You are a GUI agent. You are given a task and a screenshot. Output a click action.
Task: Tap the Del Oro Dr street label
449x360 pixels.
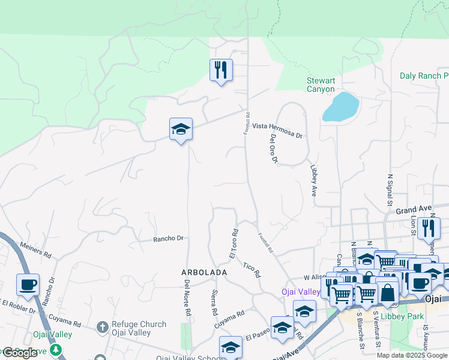click(x=274, y=148)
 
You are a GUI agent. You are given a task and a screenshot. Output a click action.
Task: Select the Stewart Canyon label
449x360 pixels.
click(x=321, y=85)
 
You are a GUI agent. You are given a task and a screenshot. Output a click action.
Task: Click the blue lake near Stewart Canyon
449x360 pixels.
click(x=340, y=107)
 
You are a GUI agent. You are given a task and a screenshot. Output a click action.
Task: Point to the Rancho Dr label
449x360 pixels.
click(x=167, y=238)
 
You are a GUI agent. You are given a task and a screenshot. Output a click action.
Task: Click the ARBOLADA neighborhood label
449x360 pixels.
click(x=204, y=272)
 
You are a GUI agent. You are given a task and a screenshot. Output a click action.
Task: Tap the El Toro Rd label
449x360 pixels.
click(x=234, y=244)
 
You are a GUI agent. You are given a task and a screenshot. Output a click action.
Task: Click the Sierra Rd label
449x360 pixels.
click(x=214, y=302)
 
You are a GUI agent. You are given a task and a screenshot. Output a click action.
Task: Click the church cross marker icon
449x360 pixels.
click(x=103, y=328)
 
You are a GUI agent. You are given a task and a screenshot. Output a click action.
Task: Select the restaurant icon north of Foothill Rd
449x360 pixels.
click(x=221, y=70)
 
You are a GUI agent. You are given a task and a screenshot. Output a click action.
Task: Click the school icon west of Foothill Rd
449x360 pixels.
click(x=181, y=129)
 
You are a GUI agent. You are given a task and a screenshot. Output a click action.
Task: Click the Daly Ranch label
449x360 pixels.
click(x=424, y=76)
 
